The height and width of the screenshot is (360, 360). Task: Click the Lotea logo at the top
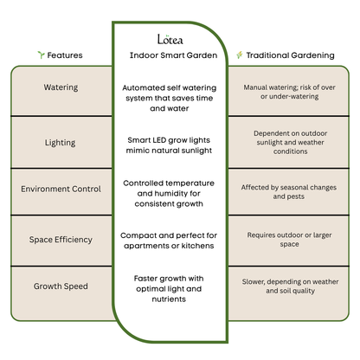click(170, 39)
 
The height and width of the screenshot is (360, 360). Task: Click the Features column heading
click(65, 55)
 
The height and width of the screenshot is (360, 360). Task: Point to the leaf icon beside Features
click(40, 55)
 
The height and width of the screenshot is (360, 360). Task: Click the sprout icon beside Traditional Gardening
click(240, 55)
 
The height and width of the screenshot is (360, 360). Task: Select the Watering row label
click(61, 87)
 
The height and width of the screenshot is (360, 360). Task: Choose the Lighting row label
click(61, 141)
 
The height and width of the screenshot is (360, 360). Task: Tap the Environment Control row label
click(61, 189)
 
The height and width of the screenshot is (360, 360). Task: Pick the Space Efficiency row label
click(61, 237)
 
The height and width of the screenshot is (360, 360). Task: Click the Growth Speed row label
click(61, 286)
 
